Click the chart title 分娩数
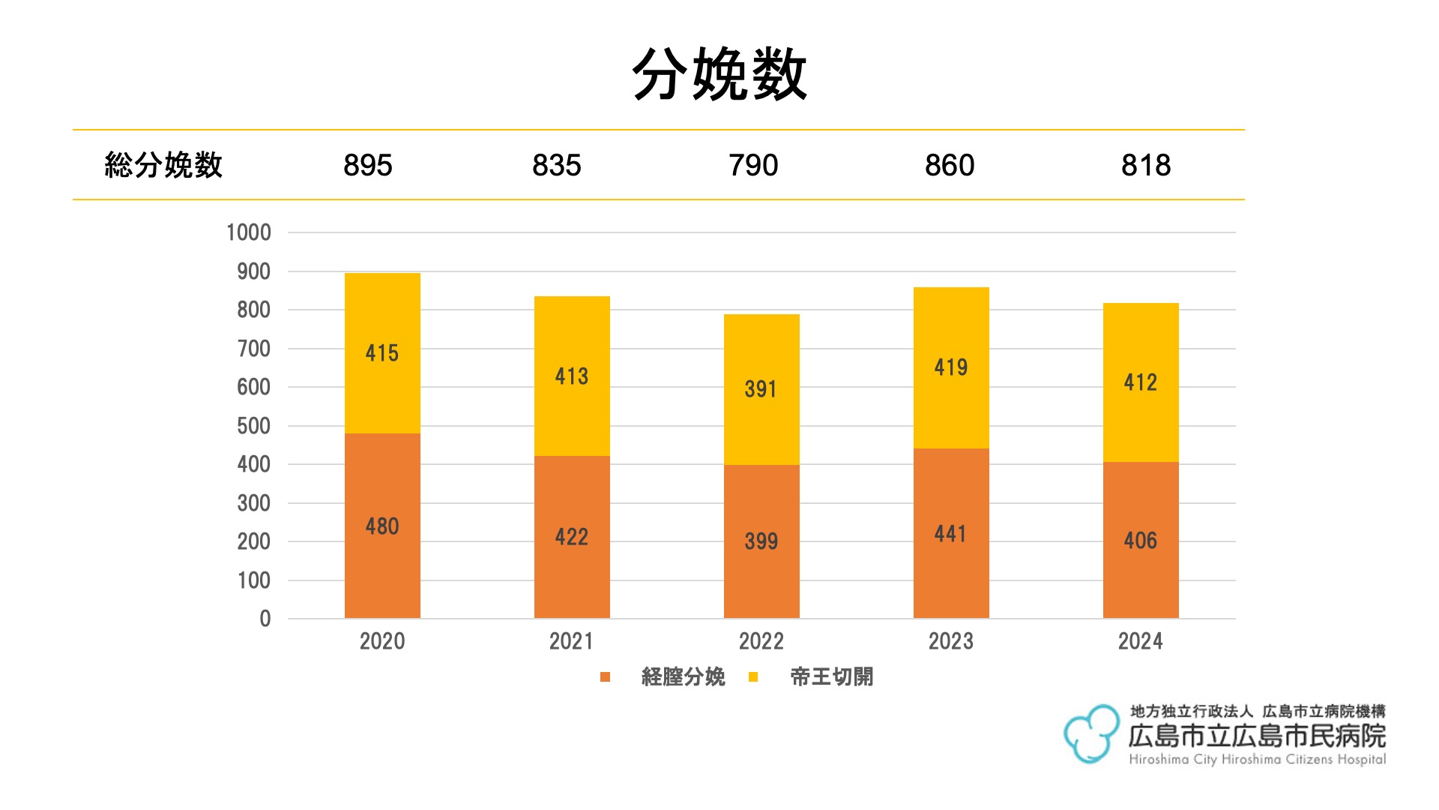719,73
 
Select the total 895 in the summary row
367,165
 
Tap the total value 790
753,165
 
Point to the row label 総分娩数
163,165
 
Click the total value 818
1145,165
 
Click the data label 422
571,537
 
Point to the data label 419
950,367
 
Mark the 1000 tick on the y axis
249,232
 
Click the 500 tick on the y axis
253,426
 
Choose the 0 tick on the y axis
265,619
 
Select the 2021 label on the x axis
571,641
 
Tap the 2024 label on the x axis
1140,641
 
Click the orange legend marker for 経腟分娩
606,677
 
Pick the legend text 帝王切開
831,677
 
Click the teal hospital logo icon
1091,733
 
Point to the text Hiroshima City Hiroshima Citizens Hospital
1257,760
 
